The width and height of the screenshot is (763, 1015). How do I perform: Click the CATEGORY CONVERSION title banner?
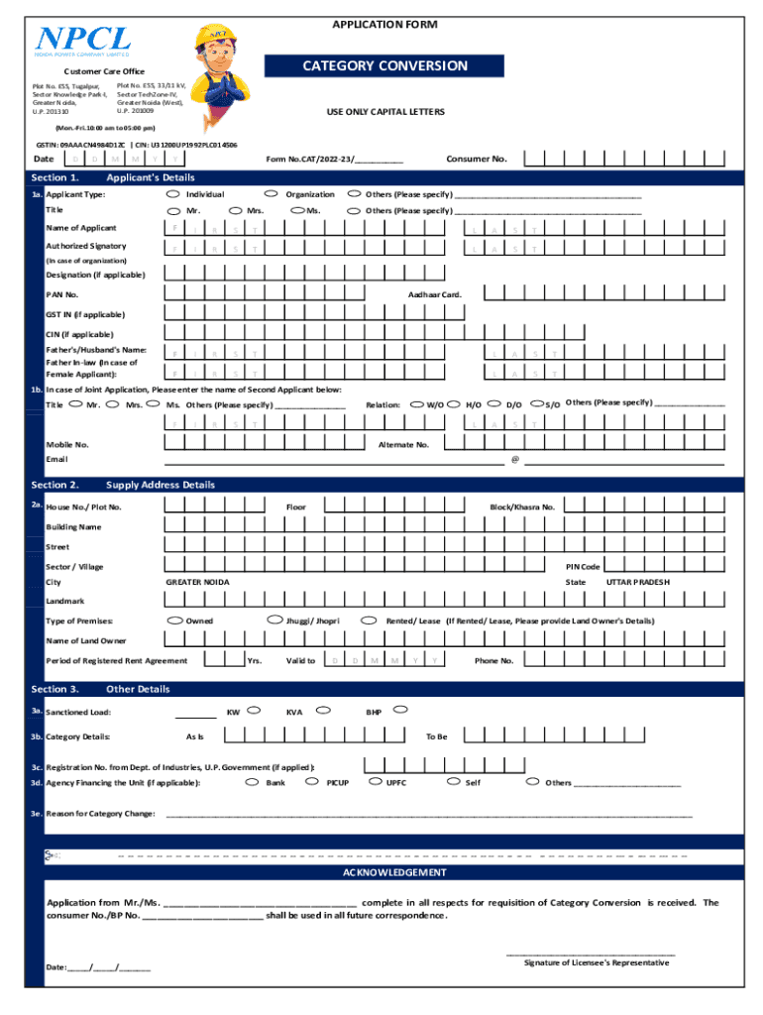pyautogui.click(x=384, y=66)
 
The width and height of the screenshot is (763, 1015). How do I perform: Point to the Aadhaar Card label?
pyautogui.click(x=435, y=294)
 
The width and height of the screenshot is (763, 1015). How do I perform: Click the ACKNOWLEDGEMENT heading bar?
pyautogui.click(x=393, y=872)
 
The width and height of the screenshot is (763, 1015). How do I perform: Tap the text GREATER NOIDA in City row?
pyautogui.click(x=197, y=582)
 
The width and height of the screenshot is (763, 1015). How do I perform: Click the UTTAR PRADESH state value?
pyautogui.click(x=637, y=582)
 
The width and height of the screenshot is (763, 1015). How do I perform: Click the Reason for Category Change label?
pyautogui.click(x=100, y=814)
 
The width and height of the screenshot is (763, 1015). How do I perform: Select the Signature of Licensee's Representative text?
pyautogui.click(x=596, y=962)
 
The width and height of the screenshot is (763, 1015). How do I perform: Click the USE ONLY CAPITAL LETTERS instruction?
pyautogui.click(x=385, y=112)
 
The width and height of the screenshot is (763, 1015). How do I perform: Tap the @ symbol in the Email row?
pyautogui.click(x=514, y=460)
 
